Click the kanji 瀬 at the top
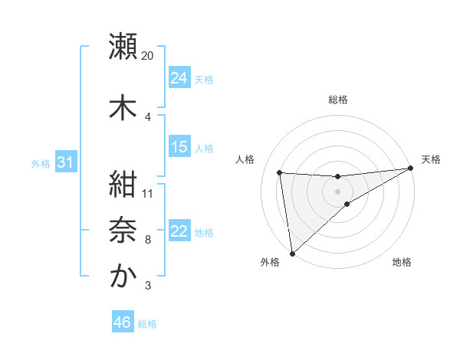(123, 47)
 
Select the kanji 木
(123, 107)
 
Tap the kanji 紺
(123, 184)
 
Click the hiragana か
(123, 276)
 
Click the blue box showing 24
(179, 78)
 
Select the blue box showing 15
(179, 146)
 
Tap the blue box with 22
(179, 231)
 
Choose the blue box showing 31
(64, 162)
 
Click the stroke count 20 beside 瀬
(148, 56)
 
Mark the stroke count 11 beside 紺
(148, 193)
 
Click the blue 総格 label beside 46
(147, 324)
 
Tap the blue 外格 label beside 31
(40, 163)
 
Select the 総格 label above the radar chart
(337, 100)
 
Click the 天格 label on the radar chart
(431, 159)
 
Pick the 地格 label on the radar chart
(402, 263)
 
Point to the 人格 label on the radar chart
(245, 159)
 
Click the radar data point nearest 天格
(411, 169)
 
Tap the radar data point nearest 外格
(291, 253)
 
